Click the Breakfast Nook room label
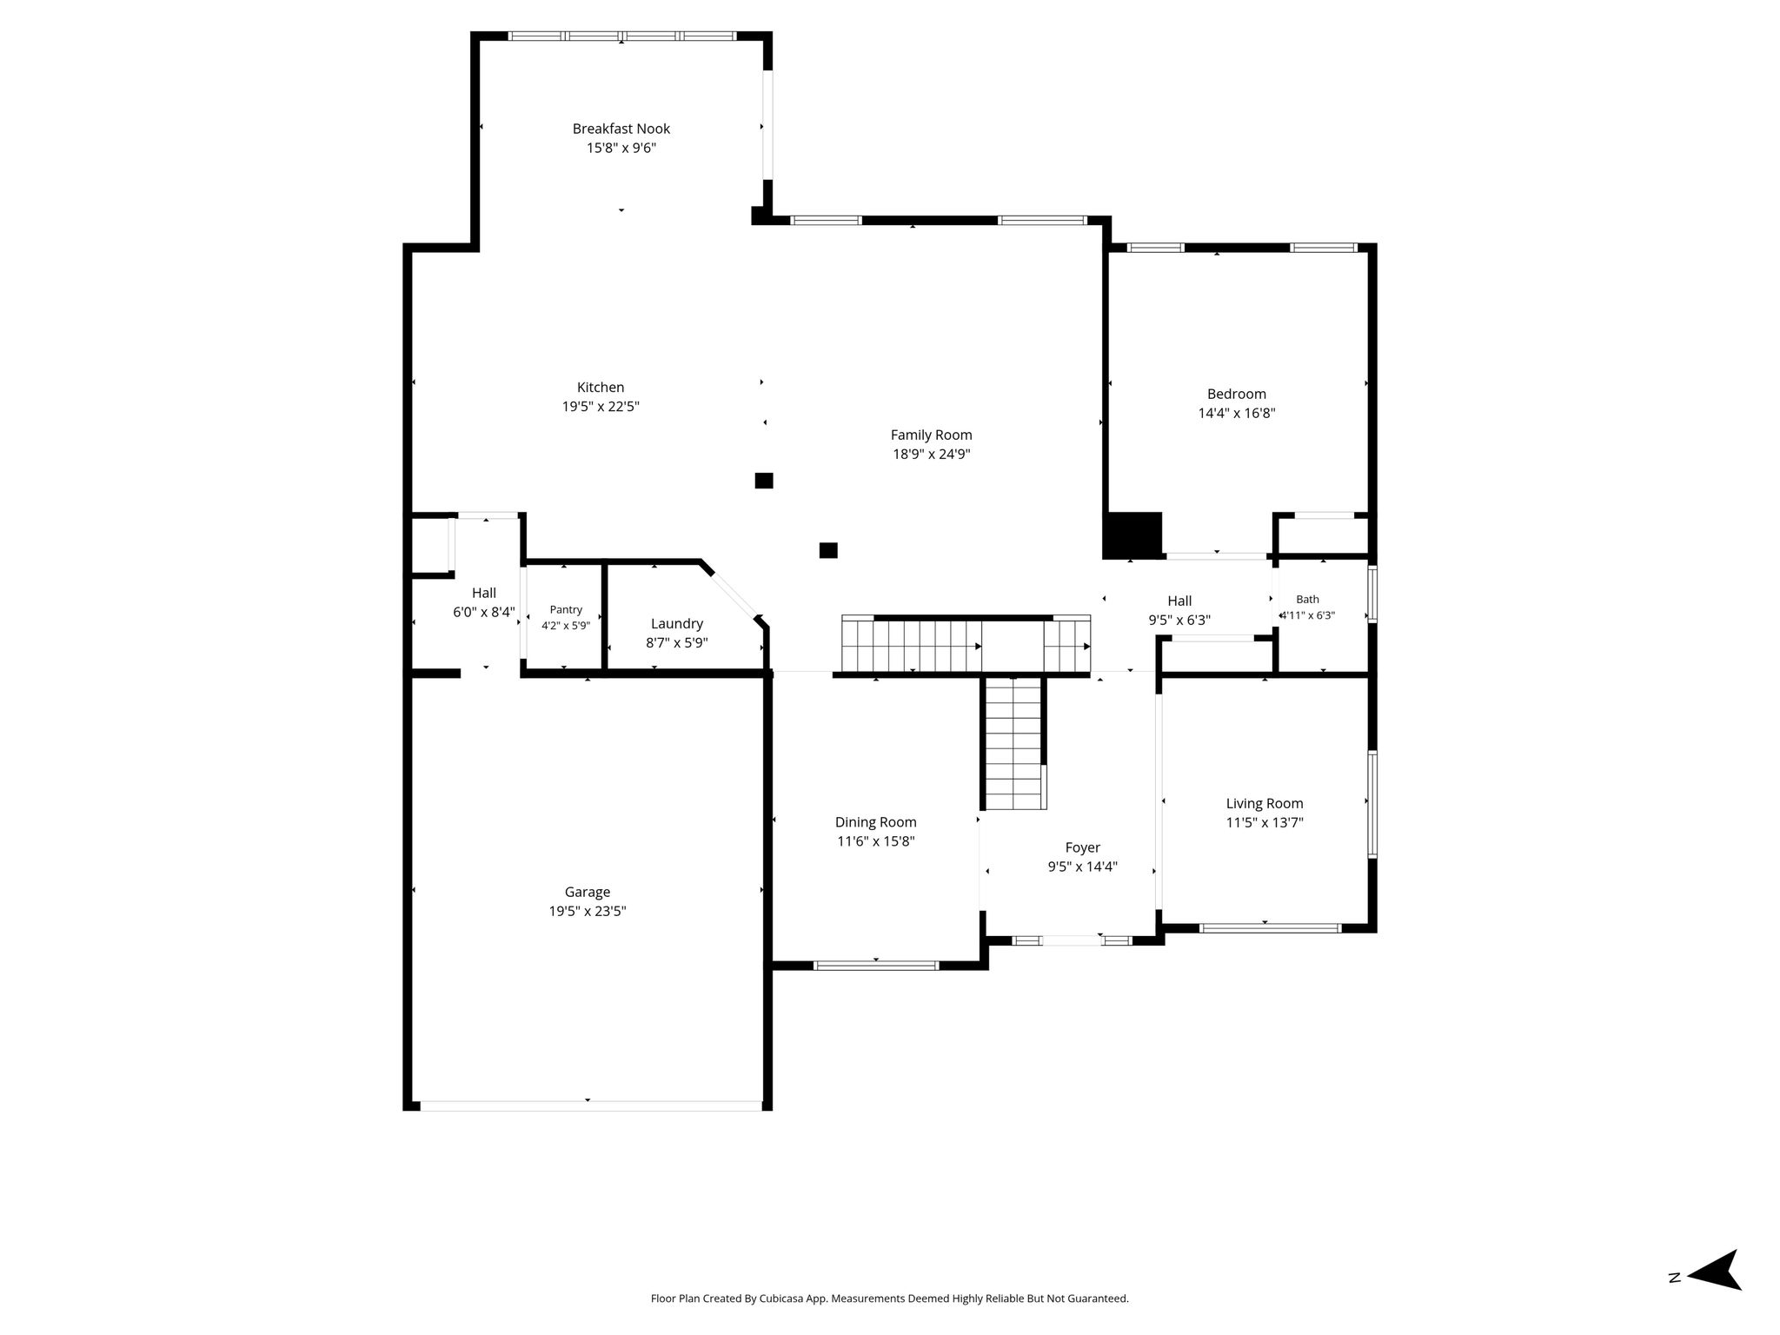pos(621,129)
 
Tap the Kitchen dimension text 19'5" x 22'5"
pos(601,407)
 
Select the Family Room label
pos(931,435)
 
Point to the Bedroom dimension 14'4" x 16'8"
pos(1237,414)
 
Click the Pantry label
pos(566,610)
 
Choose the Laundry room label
pos(677,624)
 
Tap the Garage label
pos(588,893)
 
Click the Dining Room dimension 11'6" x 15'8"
pos(876,841)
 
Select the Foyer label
pos(1083,848)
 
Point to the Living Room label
pos(1265,804)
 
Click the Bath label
pos(1307,599)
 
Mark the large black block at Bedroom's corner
pos(1132,535)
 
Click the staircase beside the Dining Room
pos(1014,744)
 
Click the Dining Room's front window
pos(876,965)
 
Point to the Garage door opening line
pos(591,1106)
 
